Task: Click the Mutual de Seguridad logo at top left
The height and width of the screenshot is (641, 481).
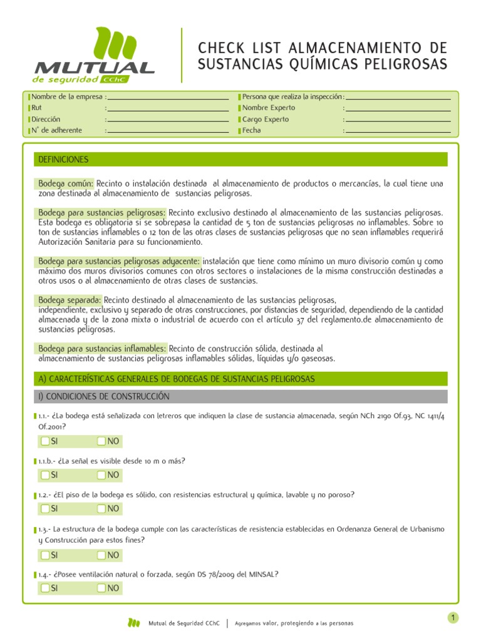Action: tap(94, 56)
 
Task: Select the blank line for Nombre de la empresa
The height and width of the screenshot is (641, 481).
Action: tap(168, 98)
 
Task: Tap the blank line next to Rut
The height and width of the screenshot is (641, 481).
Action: tap(168, 109)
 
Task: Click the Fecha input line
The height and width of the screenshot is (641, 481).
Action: tap(398, 131)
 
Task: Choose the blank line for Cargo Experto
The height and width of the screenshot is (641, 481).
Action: tap(398, 120)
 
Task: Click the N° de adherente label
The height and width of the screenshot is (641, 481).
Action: tap(57, 130)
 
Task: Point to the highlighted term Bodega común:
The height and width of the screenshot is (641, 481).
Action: tap(65, 183)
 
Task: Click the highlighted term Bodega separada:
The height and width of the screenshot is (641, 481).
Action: tap(69, 300)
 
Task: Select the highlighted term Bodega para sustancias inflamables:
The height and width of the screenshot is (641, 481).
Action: tap(101, 348)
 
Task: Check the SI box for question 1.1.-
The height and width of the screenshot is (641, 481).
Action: tap(45, 441)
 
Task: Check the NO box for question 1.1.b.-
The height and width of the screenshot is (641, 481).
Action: tap(101, 475)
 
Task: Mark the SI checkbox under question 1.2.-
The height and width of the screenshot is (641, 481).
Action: tap(45, 508)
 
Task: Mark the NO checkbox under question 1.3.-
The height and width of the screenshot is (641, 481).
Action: tap(101, 555)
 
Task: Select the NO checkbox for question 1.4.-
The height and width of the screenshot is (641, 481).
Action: tap(101, 588)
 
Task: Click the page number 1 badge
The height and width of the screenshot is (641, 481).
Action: tap(453, 618)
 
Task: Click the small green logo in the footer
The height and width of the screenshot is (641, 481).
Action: tap(133, 623)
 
